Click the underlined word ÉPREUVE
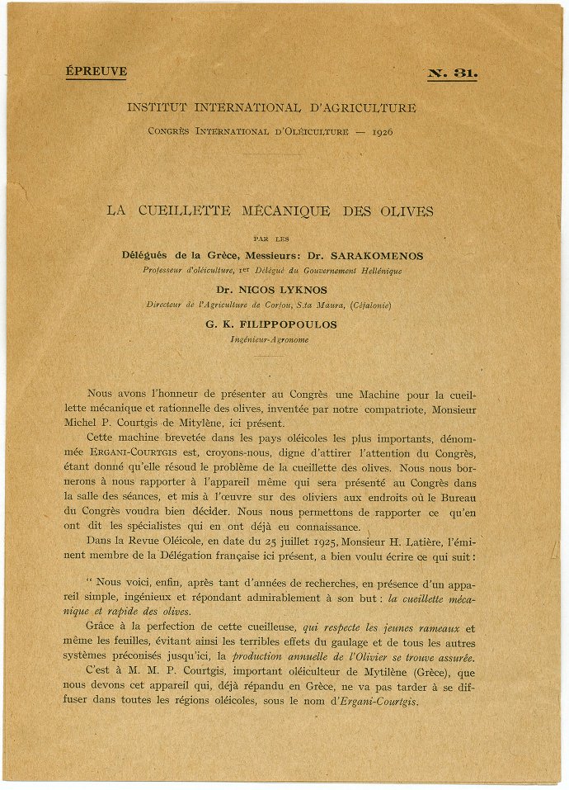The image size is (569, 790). click(96, 72)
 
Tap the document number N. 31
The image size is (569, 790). click(453, 73)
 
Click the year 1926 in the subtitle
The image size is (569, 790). click(382, 131)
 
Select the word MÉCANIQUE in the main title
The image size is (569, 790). click(265, 211)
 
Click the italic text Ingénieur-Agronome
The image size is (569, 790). click(270, 339)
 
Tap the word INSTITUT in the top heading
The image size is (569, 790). click(155, 108)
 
